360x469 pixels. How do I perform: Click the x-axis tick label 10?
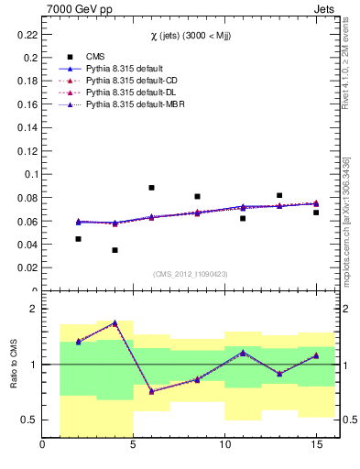[224, 445]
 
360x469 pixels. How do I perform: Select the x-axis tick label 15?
[315, 445]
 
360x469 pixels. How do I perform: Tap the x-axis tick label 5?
[134, 445]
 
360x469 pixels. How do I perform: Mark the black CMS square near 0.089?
[151, 188]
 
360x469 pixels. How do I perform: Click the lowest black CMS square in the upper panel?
[115, 250]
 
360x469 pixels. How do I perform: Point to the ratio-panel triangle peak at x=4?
[115, 322]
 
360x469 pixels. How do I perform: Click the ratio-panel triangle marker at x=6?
[151, 391]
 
